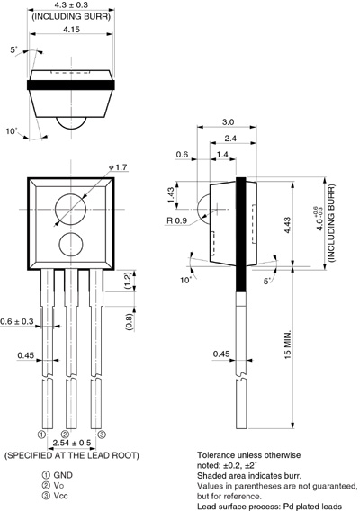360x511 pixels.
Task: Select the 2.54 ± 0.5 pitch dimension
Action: (71, 444)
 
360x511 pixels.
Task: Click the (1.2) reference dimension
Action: (129, 281)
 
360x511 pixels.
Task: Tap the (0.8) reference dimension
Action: (129, 319)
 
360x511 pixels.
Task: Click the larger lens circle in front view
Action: (71, 209)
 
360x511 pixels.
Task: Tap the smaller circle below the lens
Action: (71, 245)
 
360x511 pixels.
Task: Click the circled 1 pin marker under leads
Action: (41, 434)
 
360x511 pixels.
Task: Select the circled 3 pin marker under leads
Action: (102, 434)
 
